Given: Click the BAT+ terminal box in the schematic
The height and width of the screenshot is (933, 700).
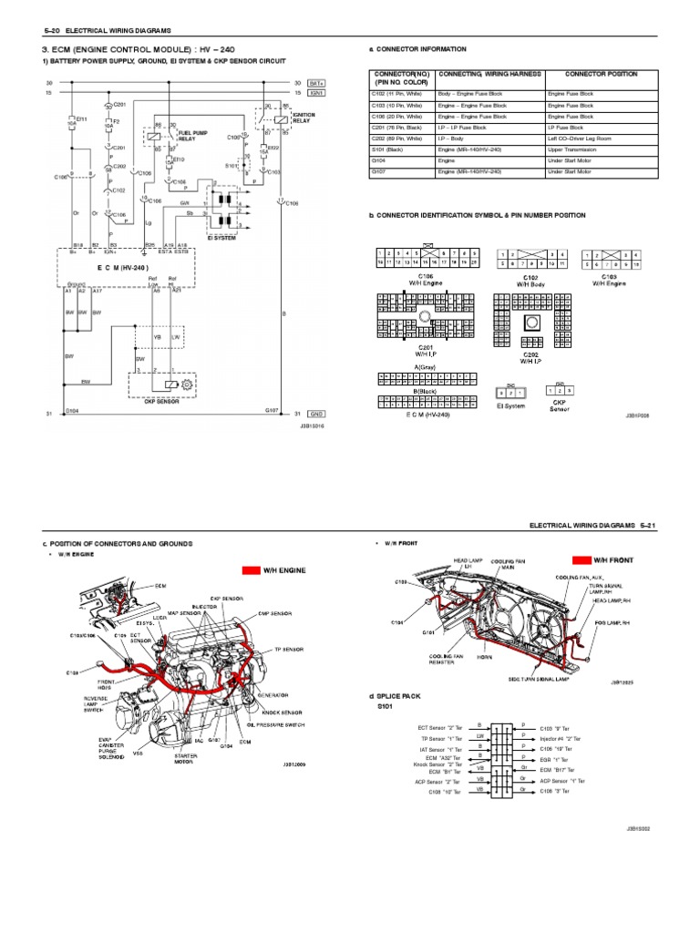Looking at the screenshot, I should pos(316,82).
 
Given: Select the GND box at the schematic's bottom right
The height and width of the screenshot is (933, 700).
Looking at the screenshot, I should pos(316,412).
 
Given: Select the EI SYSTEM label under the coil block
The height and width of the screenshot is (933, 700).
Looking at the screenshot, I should pos(221,239).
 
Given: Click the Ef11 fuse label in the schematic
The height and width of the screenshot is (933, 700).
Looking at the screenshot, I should pos(81,118).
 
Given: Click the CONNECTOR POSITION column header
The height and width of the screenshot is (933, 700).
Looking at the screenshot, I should pos(601,74).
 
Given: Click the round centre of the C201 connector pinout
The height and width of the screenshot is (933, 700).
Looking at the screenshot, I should pos(425,316).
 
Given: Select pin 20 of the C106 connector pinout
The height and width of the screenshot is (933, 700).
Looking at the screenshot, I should pos(475,261).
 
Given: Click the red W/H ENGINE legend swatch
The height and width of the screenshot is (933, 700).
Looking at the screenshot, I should pos(251,570).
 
